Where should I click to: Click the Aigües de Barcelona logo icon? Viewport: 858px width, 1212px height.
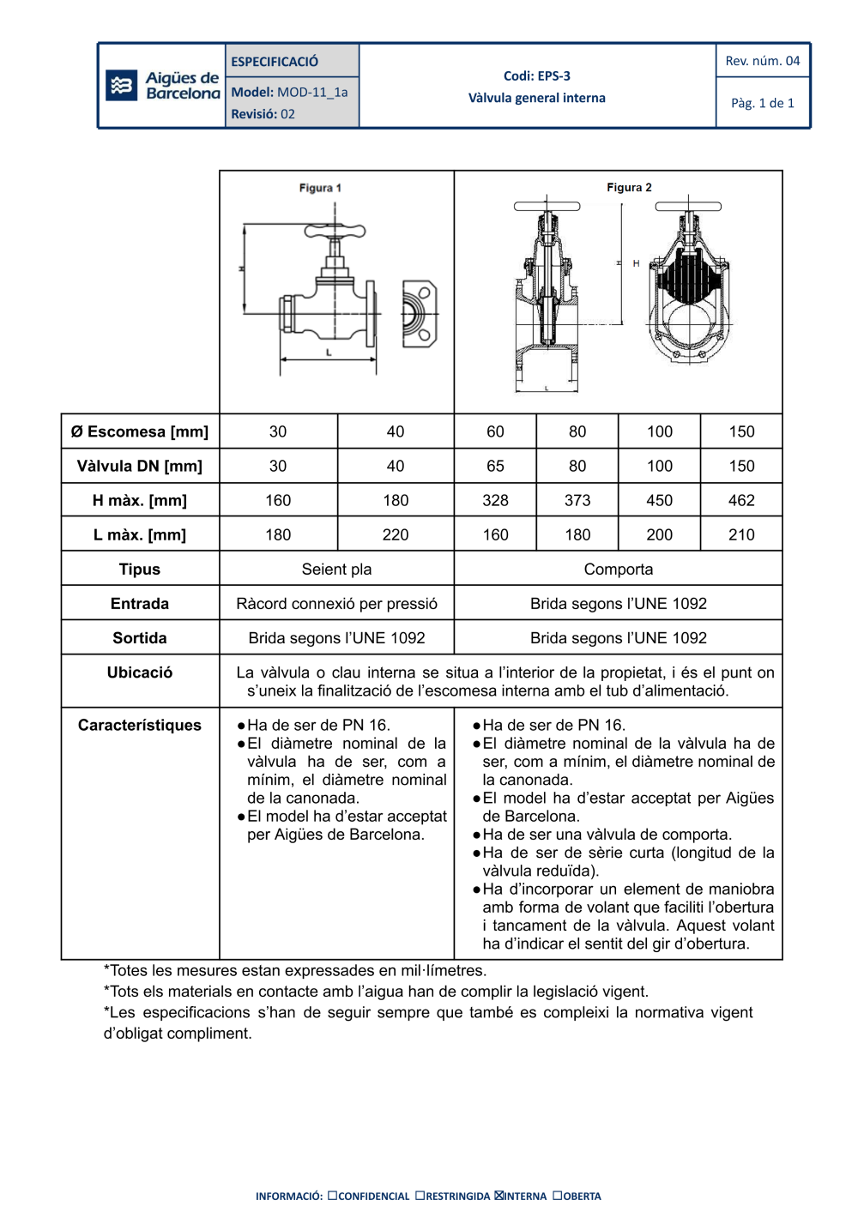tap(121, 86)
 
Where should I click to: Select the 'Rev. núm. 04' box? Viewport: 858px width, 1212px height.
tap(762, 61)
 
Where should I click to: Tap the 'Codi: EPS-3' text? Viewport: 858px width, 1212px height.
tap(536, 76)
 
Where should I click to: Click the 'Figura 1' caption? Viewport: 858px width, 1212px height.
tap(320, 188)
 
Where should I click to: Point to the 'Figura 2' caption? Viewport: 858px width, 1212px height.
tap(629, 187)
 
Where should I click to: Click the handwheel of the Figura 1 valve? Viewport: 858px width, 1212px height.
tap(335, 231)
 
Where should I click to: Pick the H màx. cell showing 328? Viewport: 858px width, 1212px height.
tap(495, 500)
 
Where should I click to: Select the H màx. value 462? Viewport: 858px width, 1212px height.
tap(741, 500)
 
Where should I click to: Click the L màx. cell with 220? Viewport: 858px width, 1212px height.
tap(395, 534)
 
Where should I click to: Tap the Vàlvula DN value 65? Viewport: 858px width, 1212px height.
tap(495, 466)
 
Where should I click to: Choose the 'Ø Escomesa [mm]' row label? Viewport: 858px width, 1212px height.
tap(140, 431)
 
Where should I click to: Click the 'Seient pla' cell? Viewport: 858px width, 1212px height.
tap(336, 570)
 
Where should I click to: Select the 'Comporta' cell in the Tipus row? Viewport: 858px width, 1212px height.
tap(618, 570)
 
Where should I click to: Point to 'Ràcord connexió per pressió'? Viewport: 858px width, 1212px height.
tap(336, 604)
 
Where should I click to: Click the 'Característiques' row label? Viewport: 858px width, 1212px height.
tap(140, 725)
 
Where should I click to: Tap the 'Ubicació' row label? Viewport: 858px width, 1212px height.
tap(140, 672)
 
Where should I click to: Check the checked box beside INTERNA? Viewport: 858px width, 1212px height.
tap(499, 1195)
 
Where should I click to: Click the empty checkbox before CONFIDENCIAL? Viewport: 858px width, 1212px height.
tap(332, 1195)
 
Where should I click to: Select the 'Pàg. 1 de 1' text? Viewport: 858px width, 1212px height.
tap(762, 103)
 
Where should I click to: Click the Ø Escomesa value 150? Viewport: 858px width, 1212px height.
tap(741, 431)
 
